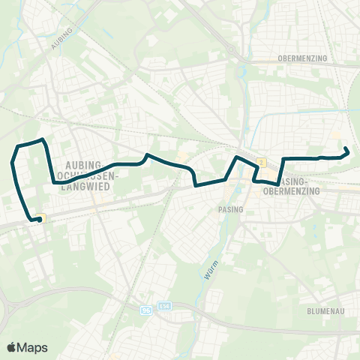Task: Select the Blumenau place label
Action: [325, 310]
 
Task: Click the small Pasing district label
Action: [232, 210]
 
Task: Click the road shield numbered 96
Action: [145, 309]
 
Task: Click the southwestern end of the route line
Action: [38, 220]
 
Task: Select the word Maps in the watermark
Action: [33, 347]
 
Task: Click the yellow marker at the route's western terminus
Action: [43, 218]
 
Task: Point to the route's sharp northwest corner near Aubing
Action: [44, 139]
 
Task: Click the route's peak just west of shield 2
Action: [237, 157]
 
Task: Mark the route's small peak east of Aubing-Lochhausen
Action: [147, 155]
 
